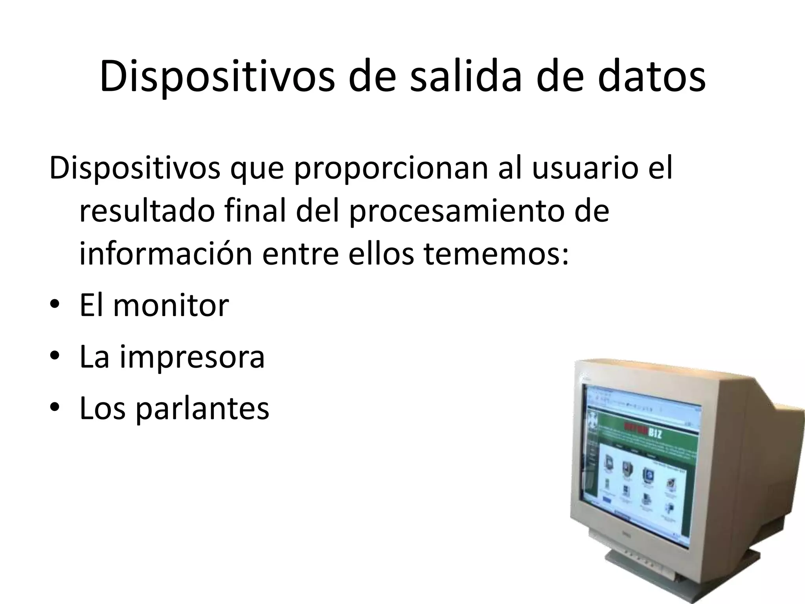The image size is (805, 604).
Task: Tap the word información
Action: point(165,254)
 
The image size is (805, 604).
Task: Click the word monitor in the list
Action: point(171,305)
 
